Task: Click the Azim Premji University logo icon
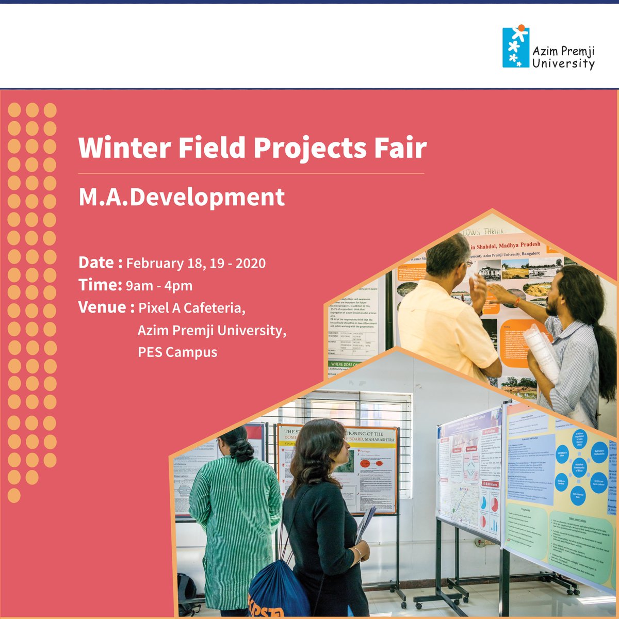point(515,48)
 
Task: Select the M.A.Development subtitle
point(182,198)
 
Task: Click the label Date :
point(100,263)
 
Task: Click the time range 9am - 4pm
point(159,286)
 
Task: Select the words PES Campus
point(177,352)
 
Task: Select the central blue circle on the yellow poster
point(579,465)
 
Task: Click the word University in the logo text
point(563,64)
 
